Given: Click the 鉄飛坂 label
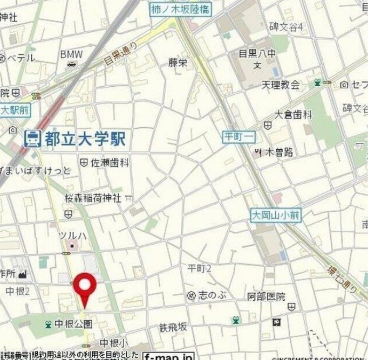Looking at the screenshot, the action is [173, 326].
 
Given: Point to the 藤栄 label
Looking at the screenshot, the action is [178, 63].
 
